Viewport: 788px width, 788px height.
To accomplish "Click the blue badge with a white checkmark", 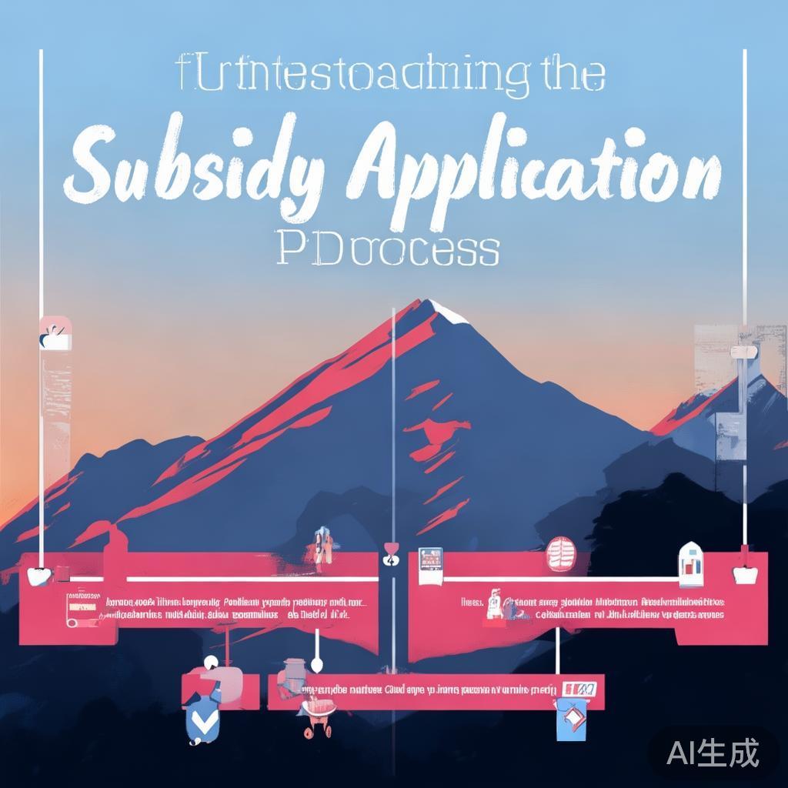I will (x=202, y=720).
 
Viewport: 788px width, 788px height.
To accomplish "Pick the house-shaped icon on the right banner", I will (x=691, y=560).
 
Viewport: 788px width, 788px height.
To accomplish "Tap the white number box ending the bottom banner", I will (x=581, y=688).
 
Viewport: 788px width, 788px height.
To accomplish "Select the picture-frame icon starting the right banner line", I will (x=430, y=559).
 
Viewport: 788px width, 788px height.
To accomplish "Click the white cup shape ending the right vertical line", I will (x=744, y=573).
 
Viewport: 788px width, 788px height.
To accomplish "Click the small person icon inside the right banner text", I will (x=495, y=604).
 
